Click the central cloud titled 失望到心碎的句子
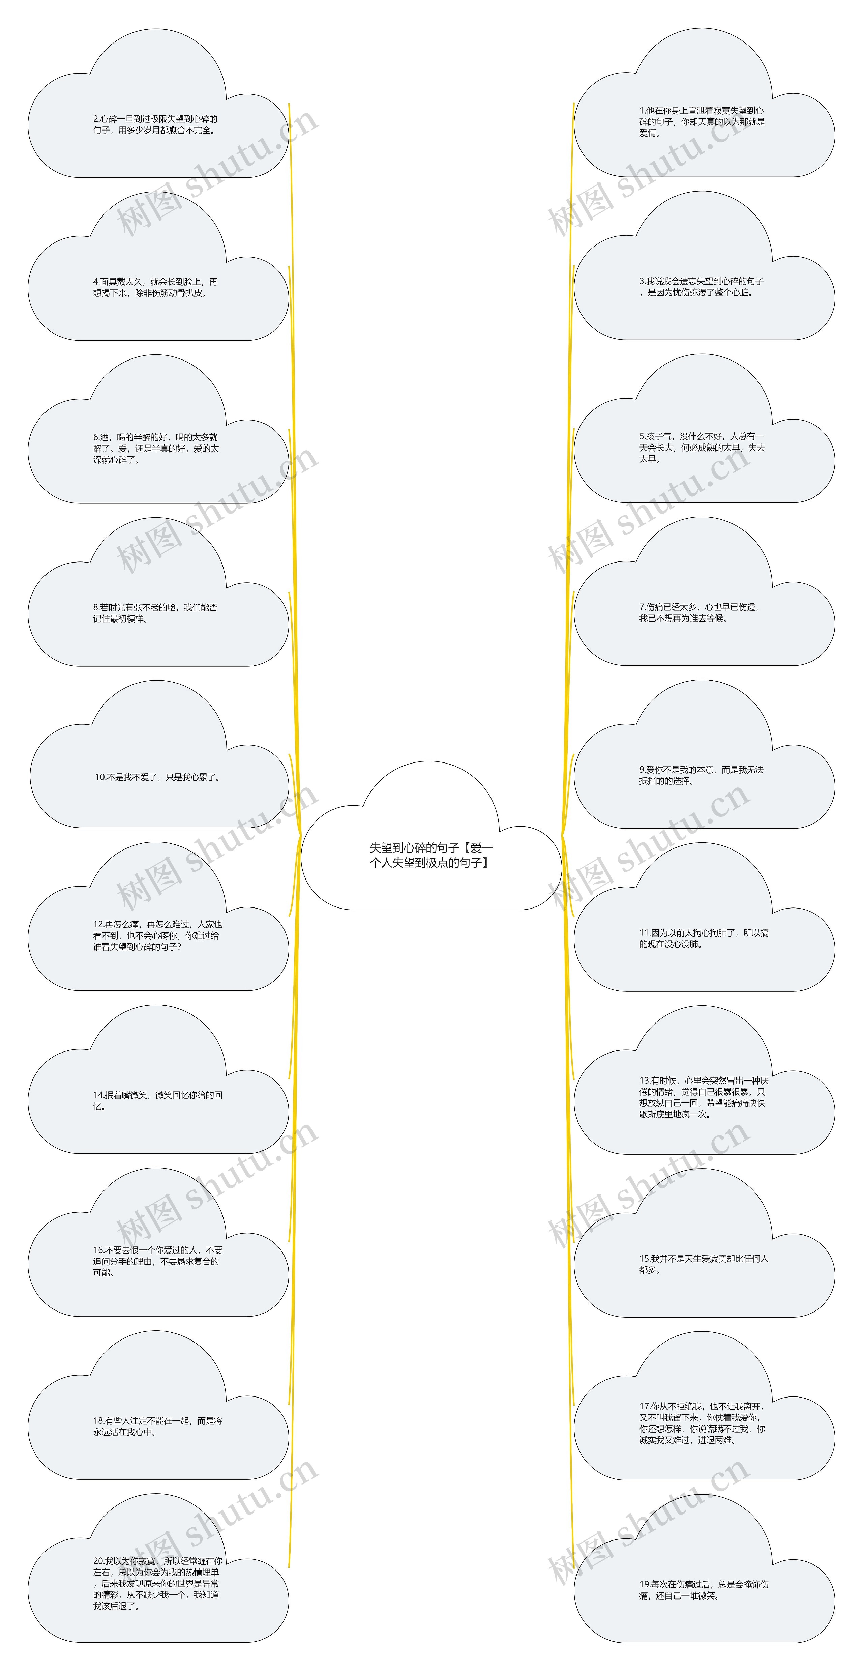[431, 855]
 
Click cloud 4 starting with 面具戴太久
[156, 287]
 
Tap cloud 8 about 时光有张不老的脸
[156, 613]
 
